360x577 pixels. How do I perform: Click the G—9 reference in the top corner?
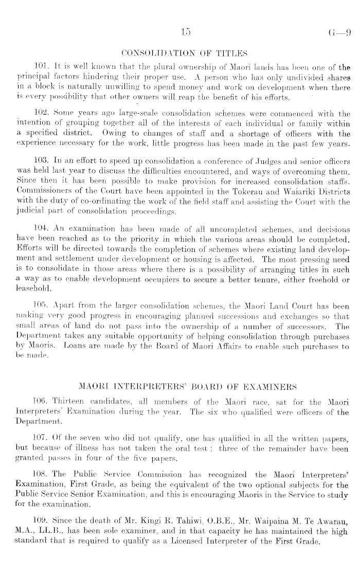tap(341, 34)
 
